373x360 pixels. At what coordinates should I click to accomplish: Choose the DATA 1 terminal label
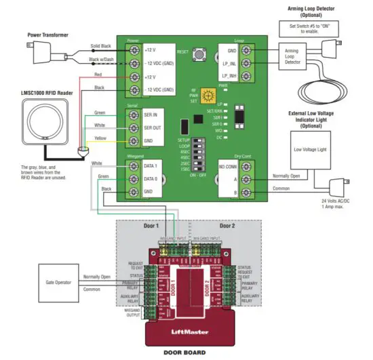(x=151, y=165)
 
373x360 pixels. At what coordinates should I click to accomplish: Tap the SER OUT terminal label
(x=152, y=127)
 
